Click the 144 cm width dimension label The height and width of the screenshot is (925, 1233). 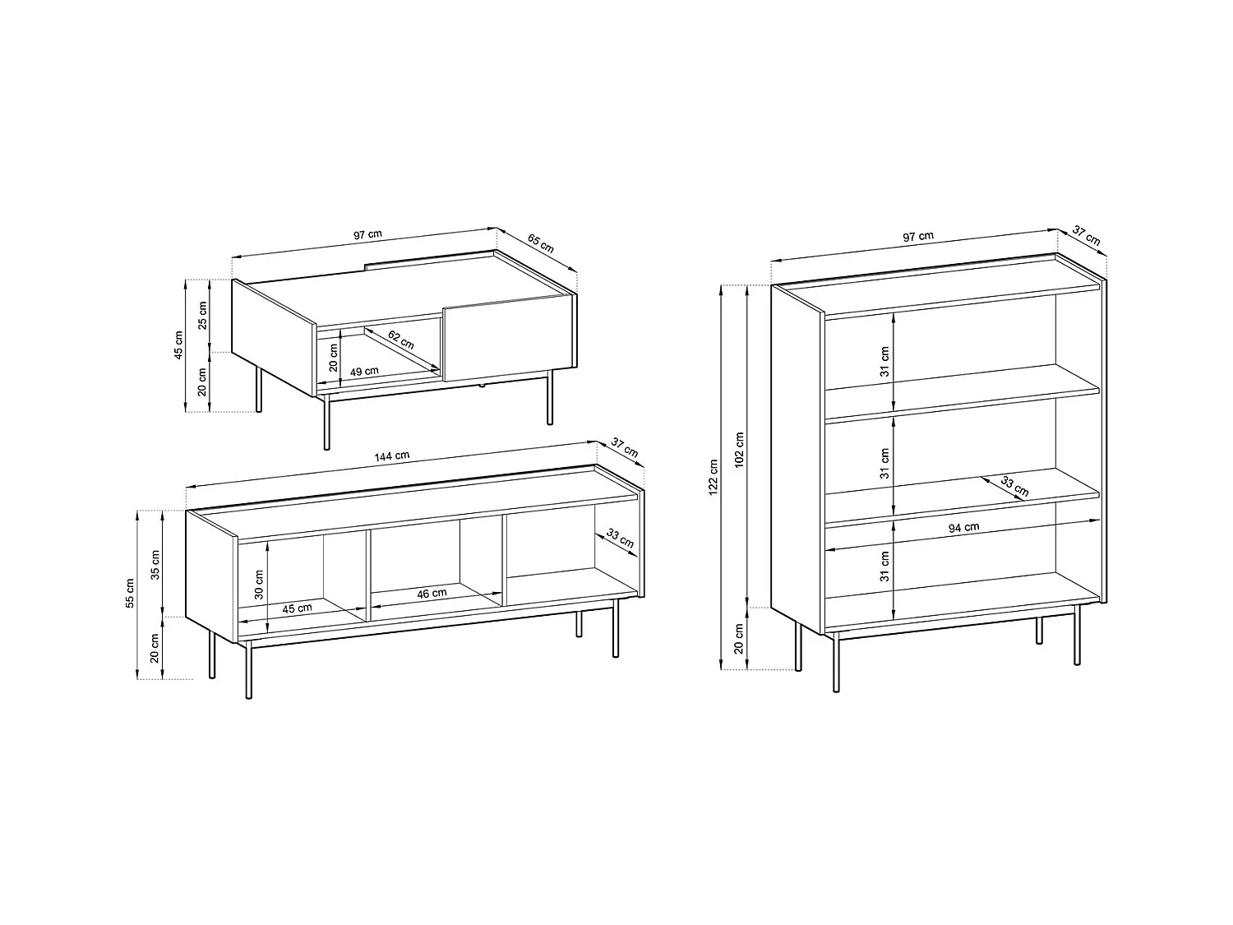pos(392,456)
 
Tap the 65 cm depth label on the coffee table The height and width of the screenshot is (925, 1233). pos(540,243)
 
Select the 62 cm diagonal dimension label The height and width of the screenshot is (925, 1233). pos(401,340)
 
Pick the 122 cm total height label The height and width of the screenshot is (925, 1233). pos(713,477)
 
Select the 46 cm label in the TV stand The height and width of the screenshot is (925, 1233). pos(432,592)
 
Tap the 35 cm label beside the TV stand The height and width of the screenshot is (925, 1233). pos(155,563)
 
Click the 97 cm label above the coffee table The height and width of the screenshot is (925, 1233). pos(367,234)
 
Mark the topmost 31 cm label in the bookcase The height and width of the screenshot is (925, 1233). pos(885,361)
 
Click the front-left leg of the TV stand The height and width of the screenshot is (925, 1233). pos(249,669)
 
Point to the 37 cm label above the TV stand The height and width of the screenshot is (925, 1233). pos(624,447)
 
